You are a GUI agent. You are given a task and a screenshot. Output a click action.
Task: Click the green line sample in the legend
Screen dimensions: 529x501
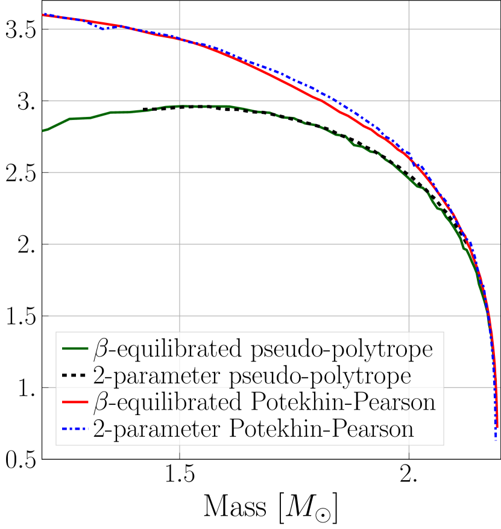coord(75,349)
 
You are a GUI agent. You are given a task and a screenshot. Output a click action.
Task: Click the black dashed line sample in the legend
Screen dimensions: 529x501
coord(75,376)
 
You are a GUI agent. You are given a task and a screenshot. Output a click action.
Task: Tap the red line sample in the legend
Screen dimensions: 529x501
coord(75,402)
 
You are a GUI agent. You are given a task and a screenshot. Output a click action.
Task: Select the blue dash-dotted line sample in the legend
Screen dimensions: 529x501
coord(75,430)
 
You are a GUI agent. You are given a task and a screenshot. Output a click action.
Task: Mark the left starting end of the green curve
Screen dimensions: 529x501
coord(43,130)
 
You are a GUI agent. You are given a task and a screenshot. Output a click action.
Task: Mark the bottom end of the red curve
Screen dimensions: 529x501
coord(497,427)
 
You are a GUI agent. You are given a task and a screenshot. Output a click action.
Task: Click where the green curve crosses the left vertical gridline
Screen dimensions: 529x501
coord(180,106)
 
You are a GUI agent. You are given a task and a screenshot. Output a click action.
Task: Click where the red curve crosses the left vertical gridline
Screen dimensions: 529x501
coord(180,39)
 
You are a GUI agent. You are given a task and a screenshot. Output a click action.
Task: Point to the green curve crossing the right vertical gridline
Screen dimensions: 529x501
coord(409,178)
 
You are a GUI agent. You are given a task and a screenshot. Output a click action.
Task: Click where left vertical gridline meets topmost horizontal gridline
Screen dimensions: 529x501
coord(180,29)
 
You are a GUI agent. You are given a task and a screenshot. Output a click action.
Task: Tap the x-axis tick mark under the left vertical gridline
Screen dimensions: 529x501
coord(180,459)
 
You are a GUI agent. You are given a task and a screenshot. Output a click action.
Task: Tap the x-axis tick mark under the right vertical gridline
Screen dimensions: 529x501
coord(409,459)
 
